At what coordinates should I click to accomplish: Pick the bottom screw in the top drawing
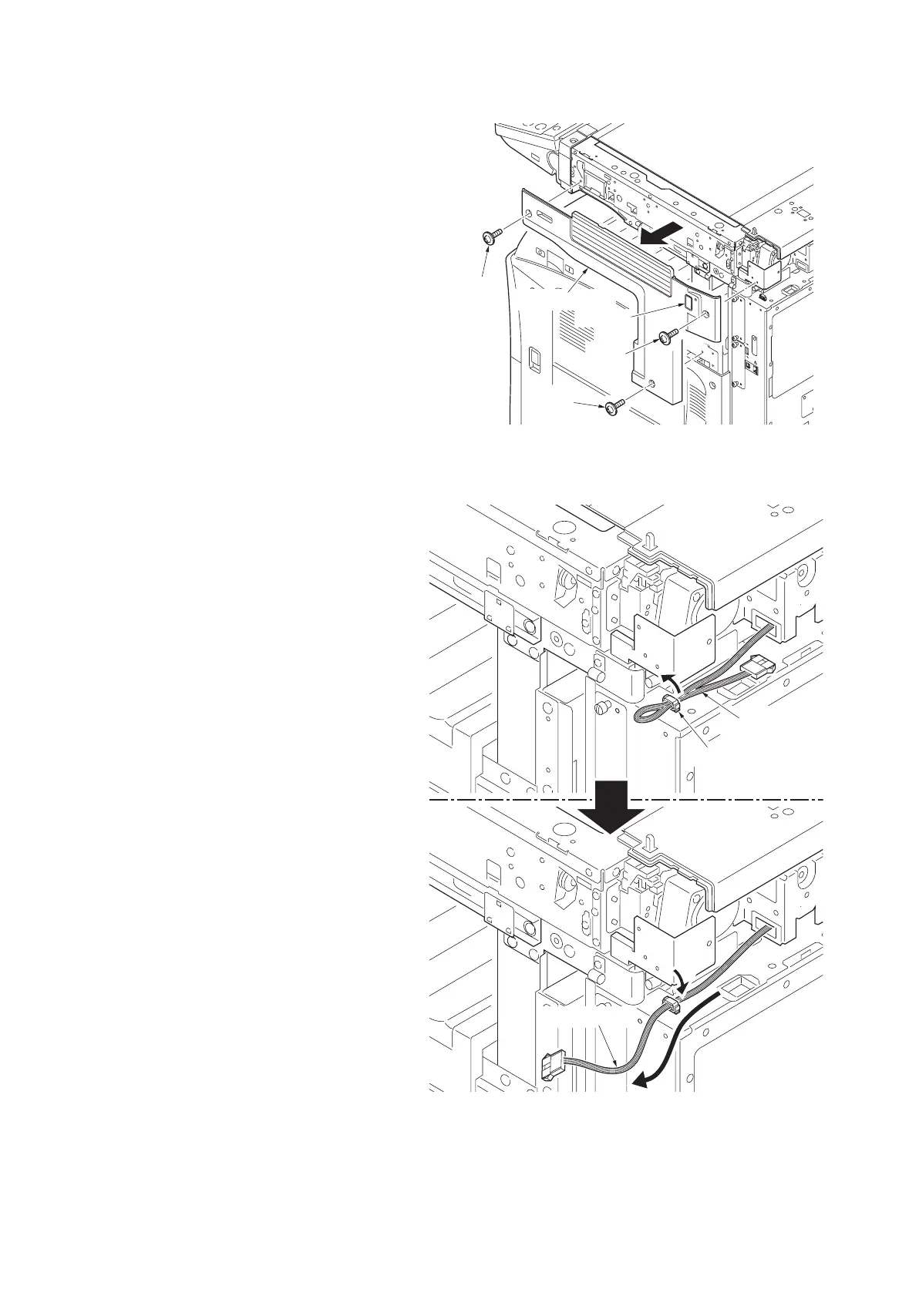[x=614, y=405]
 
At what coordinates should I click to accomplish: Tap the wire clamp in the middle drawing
[x=671, y=702]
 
